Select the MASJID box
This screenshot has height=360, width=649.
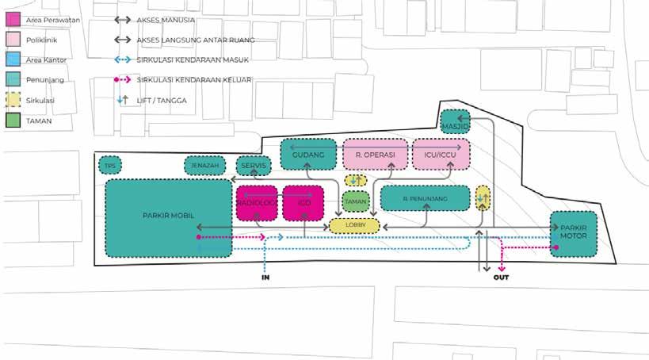(x=456, y=122)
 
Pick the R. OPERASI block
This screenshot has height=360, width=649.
(x=375, y=155)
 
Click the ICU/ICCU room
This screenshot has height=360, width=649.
(x=441, y=155)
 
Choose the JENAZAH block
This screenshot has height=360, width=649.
(x=204, y=166)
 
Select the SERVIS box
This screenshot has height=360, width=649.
(x=254, y=166)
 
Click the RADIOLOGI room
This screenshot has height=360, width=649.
(x=257, y=202)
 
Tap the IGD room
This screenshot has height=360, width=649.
(x=304, y=202)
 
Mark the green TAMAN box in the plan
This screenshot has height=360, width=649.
(x=356, y=202)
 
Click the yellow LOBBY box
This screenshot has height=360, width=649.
(x=355, y=226)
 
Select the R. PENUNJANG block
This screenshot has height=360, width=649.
(x=425, y=197)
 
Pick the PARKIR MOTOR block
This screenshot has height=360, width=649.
(x=573, y=234)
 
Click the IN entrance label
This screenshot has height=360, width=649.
(x=265, y=278)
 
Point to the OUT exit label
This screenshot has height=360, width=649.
(x=501, y=277)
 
